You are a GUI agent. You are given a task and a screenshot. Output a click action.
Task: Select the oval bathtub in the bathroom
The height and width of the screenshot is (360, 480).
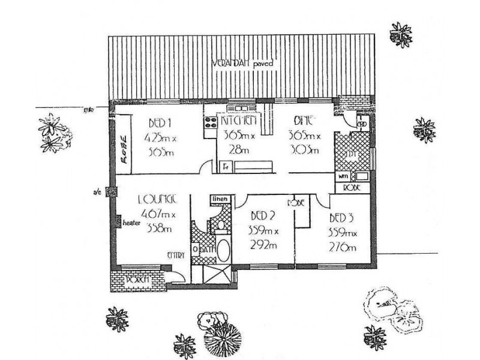(223, 251)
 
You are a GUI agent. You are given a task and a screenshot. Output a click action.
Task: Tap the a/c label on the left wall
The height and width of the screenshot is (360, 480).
(95, 192)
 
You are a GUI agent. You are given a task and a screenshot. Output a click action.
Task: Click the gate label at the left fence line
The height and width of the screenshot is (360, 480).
(89, 109)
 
